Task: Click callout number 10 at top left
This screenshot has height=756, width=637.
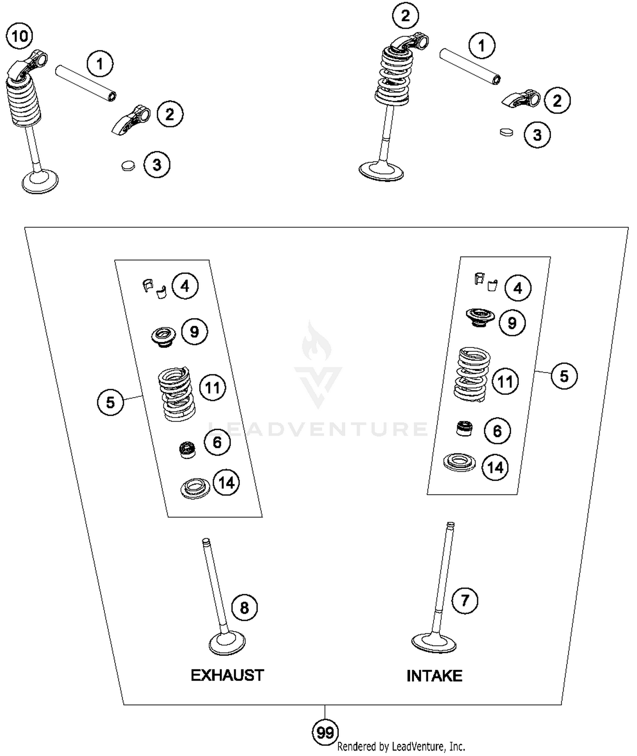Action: click(x=20, y=36)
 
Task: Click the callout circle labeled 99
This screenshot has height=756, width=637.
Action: click(x=325, y=733)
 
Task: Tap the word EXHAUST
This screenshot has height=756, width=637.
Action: click(x=227, y=675)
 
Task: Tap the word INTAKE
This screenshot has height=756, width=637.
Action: click(x=434, y=676)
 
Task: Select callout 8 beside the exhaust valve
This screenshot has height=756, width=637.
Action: click(x=245, y=608)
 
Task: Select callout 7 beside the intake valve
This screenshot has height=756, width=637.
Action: click(x=465, y=601)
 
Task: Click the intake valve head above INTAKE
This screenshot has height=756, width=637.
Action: click(x=434, y=642)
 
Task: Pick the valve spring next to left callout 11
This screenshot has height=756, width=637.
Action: click(x=177, y=394)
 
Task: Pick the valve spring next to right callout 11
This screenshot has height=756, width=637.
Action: click(x=472, y=374)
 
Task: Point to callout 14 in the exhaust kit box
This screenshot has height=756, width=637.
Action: click(x=226, y=482)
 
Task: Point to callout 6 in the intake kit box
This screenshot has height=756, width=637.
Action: click(x=497, y=431)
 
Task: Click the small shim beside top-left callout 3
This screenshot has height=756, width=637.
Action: click(x=128, y=166)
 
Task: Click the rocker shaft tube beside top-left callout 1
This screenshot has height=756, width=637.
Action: click(x=86, y=83)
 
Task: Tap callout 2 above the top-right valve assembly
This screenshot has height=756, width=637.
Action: click(x=406, y=16)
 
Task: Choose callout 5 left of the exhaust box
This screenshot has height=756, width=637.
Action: click(x=110, y=402)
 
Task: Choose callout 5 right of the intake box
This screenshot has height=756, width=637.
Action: click(x=564, y=376)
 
